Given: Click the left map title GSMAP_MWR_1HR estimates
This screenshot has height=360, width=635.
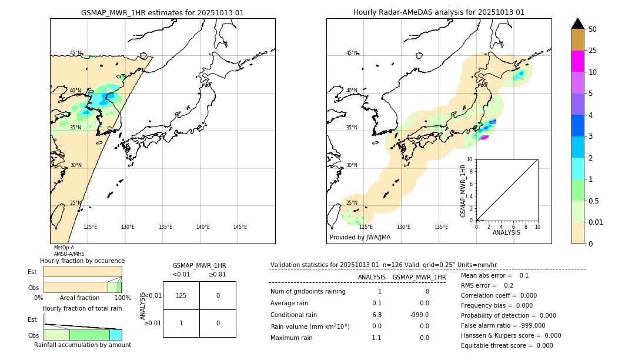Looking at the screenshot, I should click(x=162, y=12).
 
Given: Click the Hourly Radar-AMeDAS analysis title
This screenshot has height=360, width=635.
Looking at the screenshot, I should click(x=439, y=12).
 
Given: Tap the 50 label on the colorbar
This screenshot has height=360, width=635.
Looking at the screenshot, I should click(x=593, y=29).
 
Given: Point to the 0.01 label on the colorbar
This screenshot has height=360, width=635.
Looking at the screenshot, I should click(x=595, y=222).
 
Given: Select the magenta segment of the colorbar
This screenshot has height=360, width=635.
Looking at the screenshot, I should click(x=577, y=61).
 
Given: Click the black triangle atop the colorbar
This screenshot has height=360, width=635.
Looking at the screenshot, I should click(x=577, y=24).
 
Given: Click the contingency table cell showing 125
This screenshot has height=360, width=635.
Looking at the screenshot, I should click(x=181, y=295).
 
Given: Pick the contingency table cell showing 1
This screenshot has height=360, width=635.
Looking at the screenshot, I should click(x=181, y=323).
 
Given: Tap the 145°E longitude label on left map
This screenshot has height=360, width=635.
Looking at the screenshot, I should click(x=240, y=227).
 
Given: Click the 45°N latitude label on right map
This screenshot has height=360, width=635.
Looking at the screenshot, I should click(x=352, y=53).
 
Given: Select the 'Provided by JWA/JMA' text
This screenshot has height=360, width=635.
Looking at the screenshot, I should click(x=360, y=238).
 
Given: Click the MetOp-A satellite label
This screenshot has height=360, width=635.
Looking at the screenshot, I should click(x=63, y=248).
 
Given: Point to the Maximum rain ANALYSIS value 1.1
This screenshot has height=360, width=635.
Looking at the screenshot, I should click(x=376, y=338).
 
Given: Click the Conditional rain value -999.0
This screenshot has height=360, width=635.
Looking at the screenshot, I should click(x=420, y=315).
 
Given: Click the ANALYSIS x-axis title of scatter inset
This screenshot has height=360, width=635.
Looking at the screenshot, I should click(x=506, y=232).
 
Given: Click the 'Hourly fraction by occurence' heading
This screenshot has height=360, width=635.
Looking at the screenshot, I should click(x=82, y=261).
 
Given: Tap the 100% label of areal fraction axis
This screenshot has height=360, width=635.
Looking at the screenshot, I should click(x=122, y=298).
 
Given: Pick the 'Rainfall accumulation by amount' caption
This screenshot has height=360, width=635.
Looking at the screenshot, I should click(x=82, y=345).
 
